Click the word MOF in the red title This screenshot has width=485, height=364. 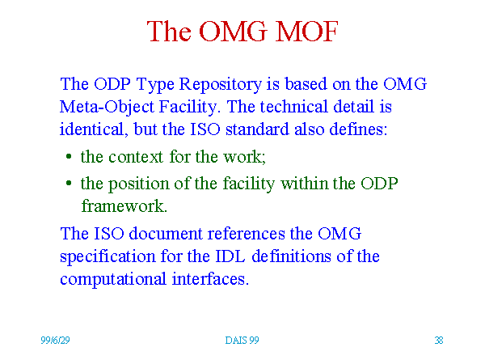[x=306, y=32]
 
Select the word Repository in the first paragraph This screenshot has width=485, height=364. [x=221, y=85]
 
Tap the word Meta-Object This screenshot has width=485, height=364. [x=107, y=108]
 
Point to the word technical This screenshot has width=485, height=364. [x=293, y=107]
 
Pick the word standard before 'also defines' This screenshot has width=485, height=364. [x=257, y=129]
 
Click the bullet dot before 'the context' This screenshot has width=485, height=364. [x=69, y=157]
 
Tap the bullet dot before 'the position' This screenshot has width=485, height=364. [x=69, y=184]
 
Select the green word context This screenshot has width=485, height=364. [x=136, y=157]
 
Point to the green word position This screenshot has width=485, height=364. [x=138, y=184]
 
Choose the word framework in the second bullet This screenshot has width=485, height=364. [x=124, y=205]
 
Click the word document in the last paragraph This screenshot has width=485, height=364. [x=166, y=234]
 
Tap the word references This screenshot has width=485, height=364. [x=247, y=234]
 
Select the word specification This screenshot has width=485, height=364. [x=108, y=257]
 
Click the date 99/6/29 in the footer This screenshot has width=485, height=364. [x=55, y=341]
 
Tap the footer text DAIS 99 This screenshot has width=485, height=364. [x=242, y=341]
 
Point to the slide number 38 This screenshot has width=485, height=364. [x=439, y=341]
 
